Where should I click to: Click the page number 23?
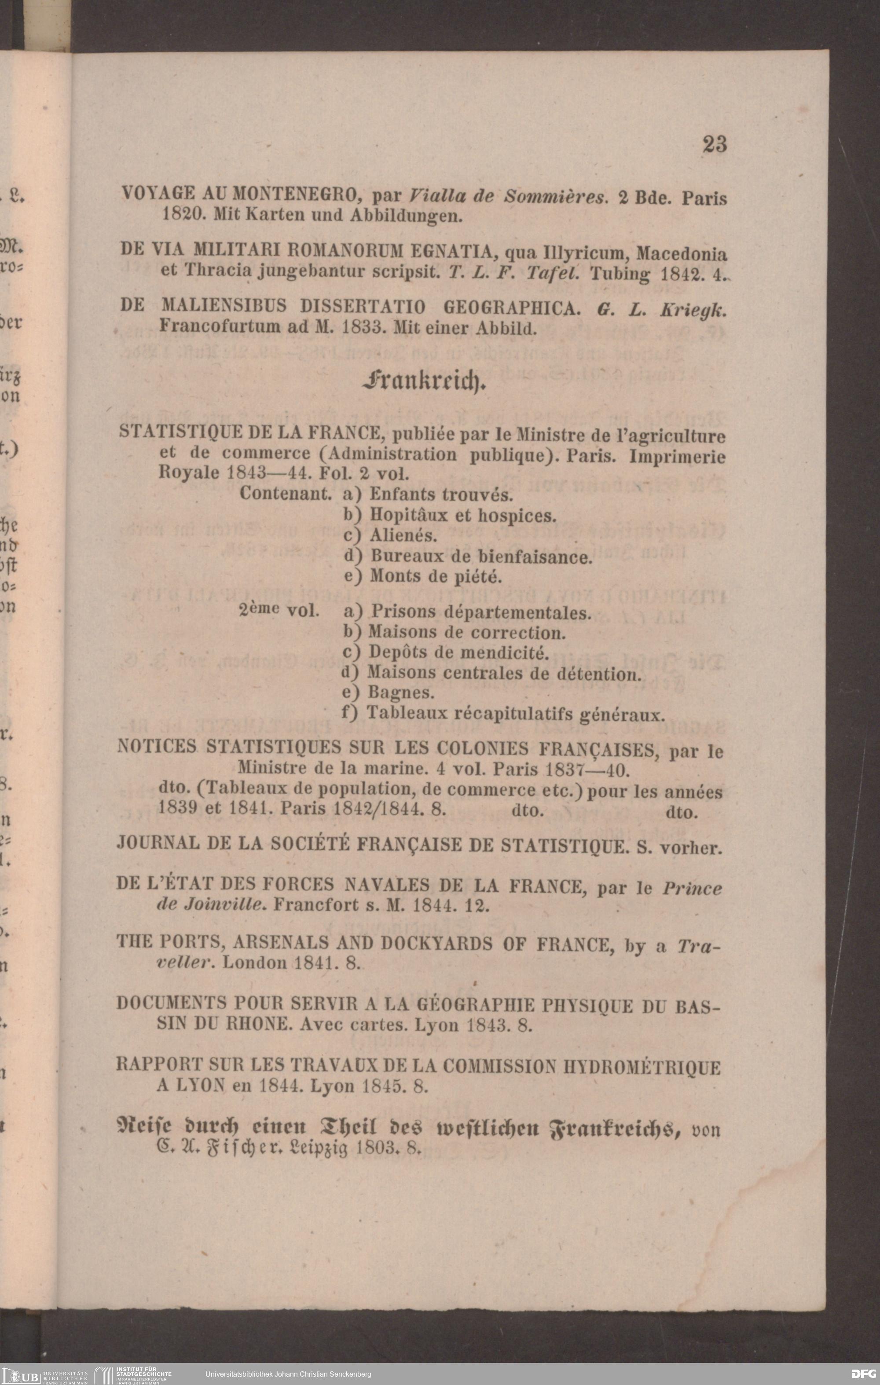(715, 144)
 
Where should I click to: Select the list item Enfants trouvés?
(440, 495)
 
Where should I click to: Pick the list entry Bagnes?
(401, 692)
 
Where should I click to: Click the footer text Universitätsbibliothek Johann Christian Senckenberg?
(288, 1374)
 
